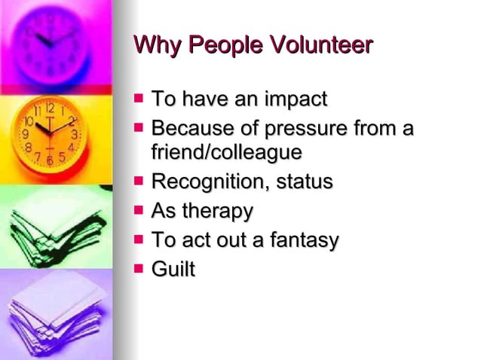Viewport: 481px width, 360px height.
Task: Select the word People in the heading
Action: click(x=216, y=46)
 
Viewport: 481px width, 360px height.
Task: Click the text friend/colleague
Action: click(x=227, y=152)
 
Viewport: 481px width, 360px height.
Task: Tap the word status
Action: click(x=305, y=182)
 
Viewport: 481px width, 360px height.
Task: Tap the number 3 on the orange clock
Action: click(x=75, y=134)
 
